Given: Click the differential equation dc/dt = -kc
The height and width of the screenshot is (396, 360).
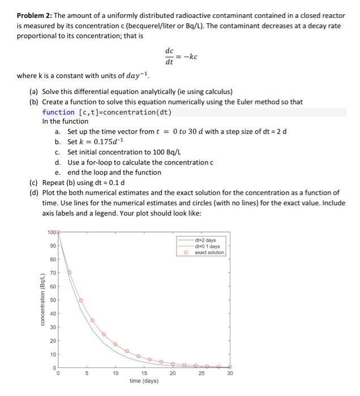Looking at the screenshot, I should pyautogui.click(x=180, y=56).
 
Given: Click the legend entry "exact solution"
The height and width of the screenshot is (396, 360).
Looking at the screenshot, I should pyautogui.click(x=209, y=252).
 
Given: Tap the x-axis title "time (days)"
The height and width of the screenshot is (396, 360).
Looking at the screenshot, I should pyautogui.click(x=144, y=381).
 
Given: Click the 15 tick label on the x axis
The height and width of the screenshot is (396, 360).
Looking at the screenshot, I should pyautogui.click(x=144, y=373).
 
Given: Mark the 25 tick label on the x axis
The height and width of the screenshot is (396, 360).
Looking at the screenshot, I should pyautogui.click(x=201, y=373).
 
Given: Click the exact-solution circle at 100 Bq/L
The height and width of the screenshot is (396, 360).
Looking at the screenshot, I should pyautogui.click(x=58, y=232).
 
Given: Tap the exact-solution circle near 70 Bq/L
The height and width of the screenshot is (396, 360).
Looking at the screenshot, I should pyautogui.click(x=69, y=272).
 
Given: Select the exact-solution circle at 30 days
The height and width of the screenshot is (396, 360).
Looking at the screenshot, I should pyautogui.click(x=230, y=367).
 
